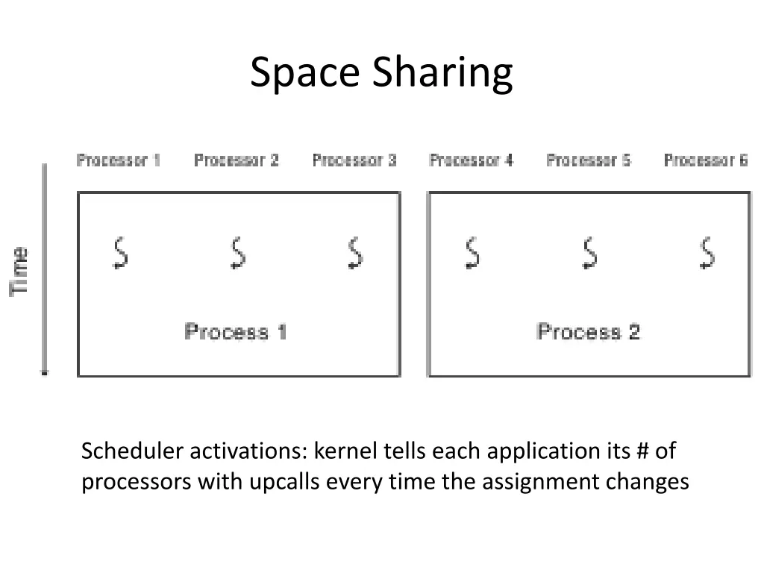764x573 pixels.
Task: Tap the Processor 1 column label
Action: pos(119,160)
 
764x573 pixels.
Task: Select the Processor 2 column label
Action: pos(237,160)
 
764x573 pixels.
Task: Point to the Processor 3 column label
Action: pos(354,160)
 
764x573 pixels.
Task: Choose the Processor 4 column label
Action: pos(472,160)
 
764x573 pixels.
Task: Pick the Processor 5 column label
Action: pos(589,160)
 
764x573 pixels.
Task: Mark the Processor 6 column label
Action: pos(706,160)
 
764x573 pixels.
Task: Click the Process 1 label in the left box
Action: pos(235,332)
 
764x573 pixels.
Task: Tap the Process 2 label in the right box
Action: pos(589,332)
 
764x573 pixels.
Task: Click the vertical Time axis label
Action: pos(20,270)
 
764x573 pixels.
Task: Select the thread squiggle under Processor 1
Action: pos(119,253)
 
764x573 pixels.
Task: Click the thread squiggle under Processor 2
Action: pos(237,253)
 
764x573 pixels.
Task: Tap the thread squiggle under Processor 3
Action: pos(355,253)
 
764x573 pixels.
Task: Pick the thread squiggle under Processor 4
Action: pos(472,253)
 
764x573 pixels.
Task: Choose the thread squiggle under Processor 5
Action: pos(589,253)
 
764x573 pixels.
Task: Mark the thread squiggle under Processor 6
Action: pos(707,253)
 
